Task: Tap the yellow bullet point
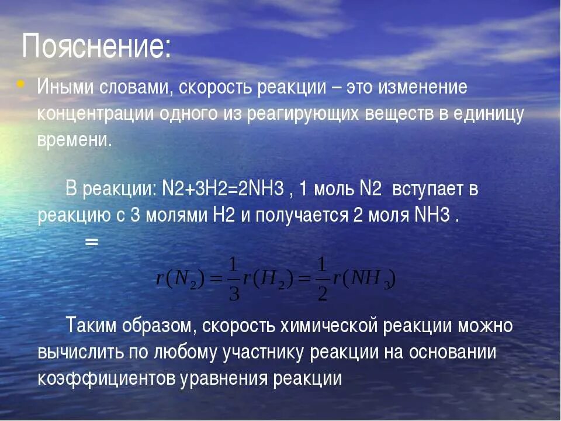(x=21, y=85)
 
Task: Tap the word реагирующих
(x=304, y=113)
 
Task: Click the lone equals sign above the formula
(x=91, y=241)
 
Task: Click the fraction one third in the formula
(x=234, y=279)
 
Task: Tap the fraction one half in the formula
(x=322, y=279)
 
